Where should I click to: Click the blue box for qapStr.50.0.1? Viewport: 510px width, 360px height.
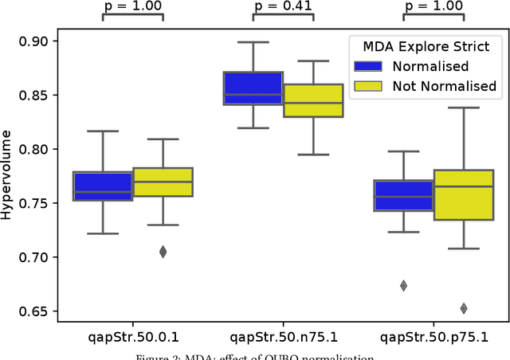coord(103,186)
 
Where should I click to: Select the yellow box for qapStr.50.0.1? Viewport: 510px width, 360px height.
coord(163,182)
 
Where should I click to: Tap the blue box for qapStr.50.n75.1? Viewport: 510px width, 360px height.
coord(253,88)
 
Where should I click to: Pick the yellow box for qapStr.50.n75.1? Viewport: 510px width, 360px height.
coord(313,100)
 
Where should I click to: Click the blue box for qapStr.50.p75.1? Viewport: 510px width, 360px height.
coord(403,195)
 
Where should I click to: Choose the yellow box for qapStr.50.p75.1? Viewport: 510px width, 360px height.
coord(464,195)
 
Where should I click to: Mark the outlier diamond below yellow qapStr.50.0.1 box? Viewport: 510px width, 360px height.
coord(163,252)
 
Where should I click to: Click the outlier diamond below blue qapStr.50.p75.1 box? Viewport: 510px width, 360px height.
coord(403,286)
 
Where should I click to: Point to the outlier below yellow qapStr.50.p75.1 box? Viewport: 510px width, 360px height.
coord(464,308)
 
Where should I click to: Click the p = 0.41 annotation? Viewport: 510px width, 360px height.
coord(284,6)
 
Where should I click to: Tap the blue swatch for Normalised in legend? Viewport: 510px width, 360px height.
coord(370,67)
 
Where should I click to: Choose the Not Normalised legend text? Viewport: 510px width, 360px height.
coord(444,86)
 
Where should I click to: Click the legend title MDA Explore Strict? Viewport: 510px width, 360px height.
coord(422,47)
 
